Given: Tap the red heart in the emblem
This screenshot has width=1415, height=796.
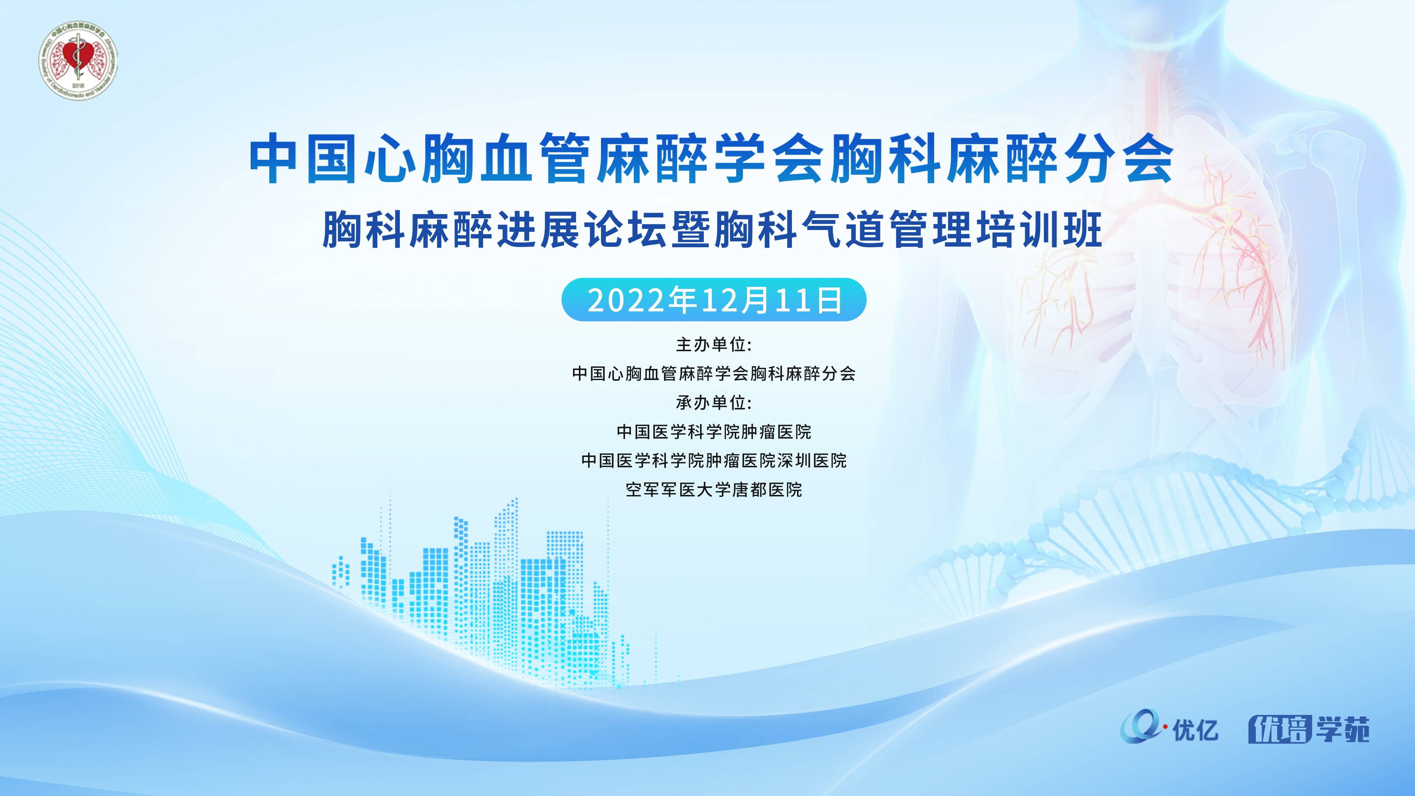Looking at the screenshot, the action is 73,54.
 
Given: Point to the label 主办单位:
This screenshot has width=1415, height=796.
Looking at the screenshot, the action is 713,345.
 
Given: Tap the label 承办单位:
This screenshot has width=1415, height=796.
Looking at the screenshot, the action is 713,403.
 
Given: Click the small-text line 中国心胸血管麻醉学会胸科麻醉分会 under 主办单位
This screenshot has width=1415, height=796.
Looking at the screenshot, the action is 713,374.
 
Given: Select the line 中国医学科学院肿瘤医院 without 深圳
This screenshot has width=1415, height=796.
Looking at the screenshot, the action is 713,432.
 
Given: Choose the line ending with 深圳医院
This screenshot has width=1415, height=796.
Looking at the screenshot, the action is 713,460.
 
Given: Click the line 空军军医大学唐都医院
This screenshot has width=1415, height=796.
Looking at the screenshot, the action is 713,489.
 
